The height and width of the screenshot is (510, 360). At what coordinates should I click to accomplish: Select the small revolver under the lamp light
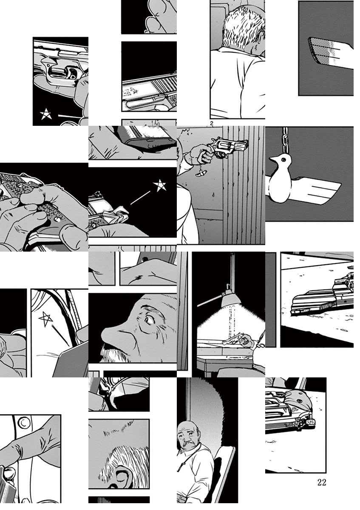click(234, 340)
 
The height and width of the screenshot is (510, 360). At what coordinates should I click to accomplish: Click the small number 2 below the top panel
click(212, 123)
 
